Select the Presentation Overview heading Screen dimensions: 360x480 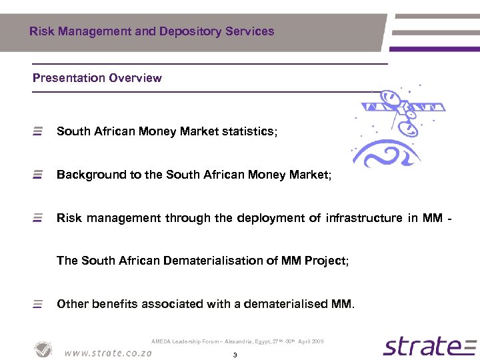point(97,78)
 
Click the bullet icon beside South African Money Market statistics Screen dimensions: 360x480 point(38,131)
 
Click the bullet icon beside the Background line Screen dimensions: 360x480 point(38,175)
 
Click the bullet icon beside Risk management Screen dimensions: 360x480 point(38,218)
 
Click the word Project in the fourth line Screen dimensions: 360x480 point(325,261)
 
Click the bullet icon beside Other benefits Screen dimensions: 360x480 point(38,304)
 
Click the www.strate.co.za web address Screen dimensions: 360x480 point(108,353)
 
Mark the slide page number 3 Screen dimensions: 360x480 point(235,355)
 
